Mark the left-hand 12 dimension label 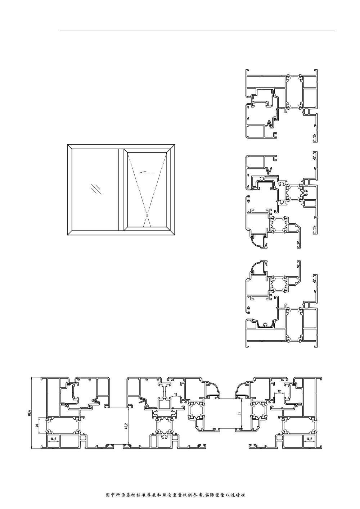(176, 394)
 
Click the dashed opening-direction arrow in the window (147, 173)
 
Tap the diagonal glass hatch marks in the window (96, 189)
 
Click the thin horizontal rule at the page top (197, 31)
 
